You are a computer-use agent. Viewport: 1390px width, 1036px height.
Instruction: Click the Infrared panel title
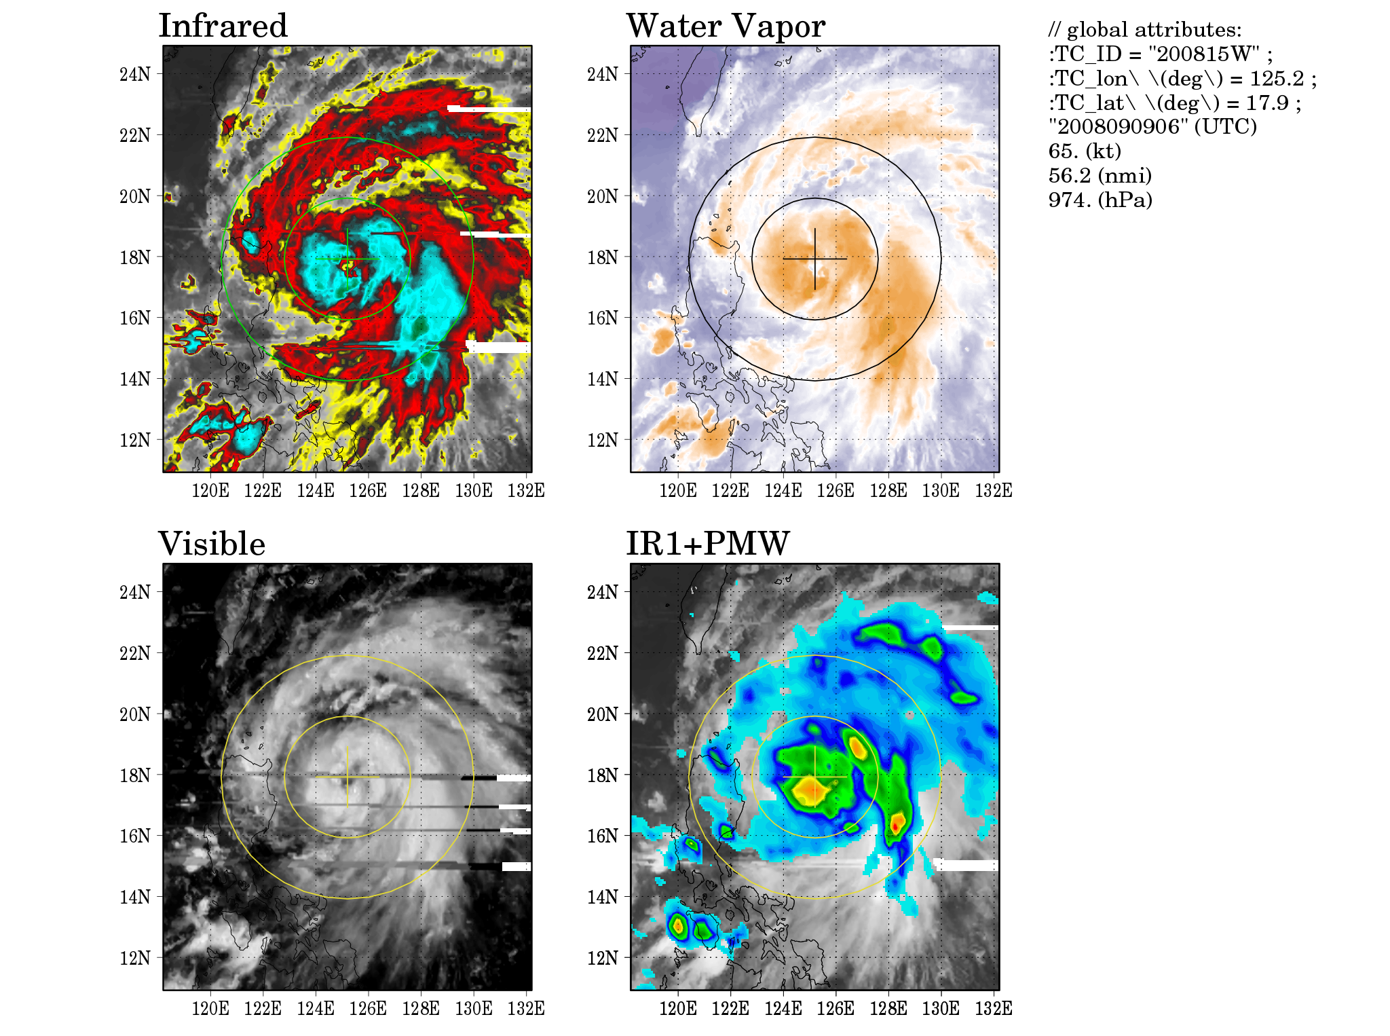point(223,26)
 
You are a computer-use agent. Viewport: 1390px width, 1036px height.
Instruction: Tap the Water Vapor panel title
point(726,26)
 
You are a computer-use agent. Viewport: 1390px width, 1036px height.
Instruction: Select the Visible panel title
point(212,544)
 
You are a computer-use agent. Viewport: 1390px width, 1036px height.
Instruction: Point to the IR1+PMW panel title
point(707,544)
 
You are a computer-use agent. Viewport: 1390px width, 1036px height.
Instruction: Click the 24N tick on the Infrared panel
point(135,74)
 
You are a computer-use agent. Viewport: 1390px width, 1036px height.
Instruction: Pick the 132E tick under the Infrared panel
point(526,490)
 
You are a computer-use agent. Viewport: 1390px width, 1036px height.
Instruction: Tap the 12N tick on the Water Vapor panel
point(603,440)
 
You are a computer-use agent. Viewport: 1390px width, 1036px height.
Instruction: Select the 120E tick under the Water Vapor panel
point(677,490)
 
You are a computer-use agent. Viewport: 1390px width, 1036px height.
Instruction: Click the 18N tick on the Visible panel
point(135,775)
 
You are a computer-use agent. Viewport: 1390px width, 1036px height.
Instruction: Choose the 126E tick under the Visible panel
point(368,1008)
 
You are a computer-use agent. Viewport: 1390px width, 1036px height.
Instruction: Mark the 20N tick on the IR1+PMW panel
point(603,714)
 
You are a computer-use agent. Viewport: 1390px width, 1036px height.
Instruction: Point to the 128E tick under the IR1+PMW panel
point(888,1008)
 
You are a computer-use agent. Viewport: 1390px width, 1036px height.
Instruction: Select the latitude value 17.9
point(1266,103)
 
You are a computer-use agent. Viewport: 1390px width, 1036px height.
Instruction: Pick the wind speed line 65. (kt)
point(1085,151)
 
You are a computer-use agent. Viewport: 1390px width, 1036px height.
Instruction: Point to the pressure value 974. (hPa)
point(1100,200)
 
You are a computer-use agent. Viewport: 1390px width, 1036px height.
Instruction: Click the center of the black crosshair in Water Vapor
point(814,259)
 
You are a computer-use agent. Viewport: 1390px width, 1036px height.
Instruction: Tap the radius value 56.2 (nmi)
point(1100,175)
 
